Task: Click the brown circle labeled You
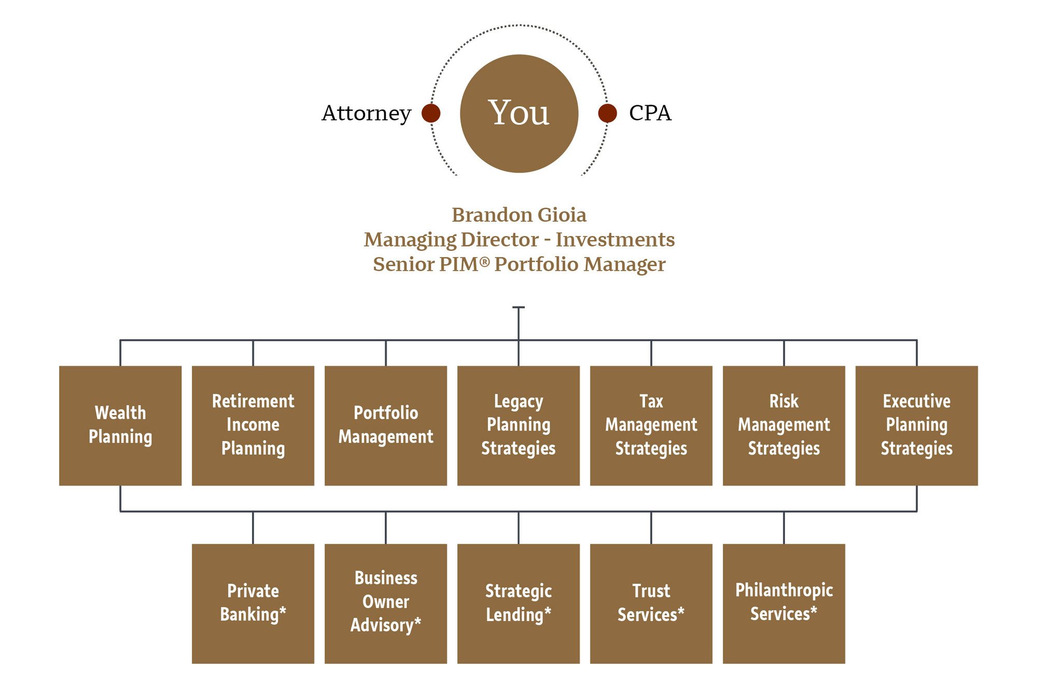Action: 519,113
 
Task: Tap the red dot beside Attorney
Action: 431,113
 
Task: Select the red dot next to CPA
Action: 607,113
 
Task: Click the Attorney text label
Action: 366,113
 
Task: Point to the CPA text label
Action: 650,113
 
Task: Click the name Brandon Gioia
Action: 519,215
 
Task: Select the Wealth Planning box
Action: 120,425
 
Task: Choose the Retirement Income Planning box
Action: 253,425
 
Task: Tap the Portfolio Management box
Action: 386,425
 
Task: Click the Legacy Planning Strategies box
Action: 518,425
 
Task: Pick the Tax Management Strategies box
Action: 651,425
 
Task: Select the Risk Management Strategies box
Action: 784,425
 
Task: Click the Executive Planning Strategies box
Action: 917,425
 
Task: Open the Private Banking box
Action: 253,603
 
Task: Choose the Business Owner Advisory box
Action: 386,603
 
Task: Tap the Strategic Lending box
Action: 518,603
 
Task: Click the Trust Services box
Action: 651,603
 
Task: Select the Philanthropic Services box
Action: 784,603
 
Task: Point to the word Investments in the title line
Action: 615,240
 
